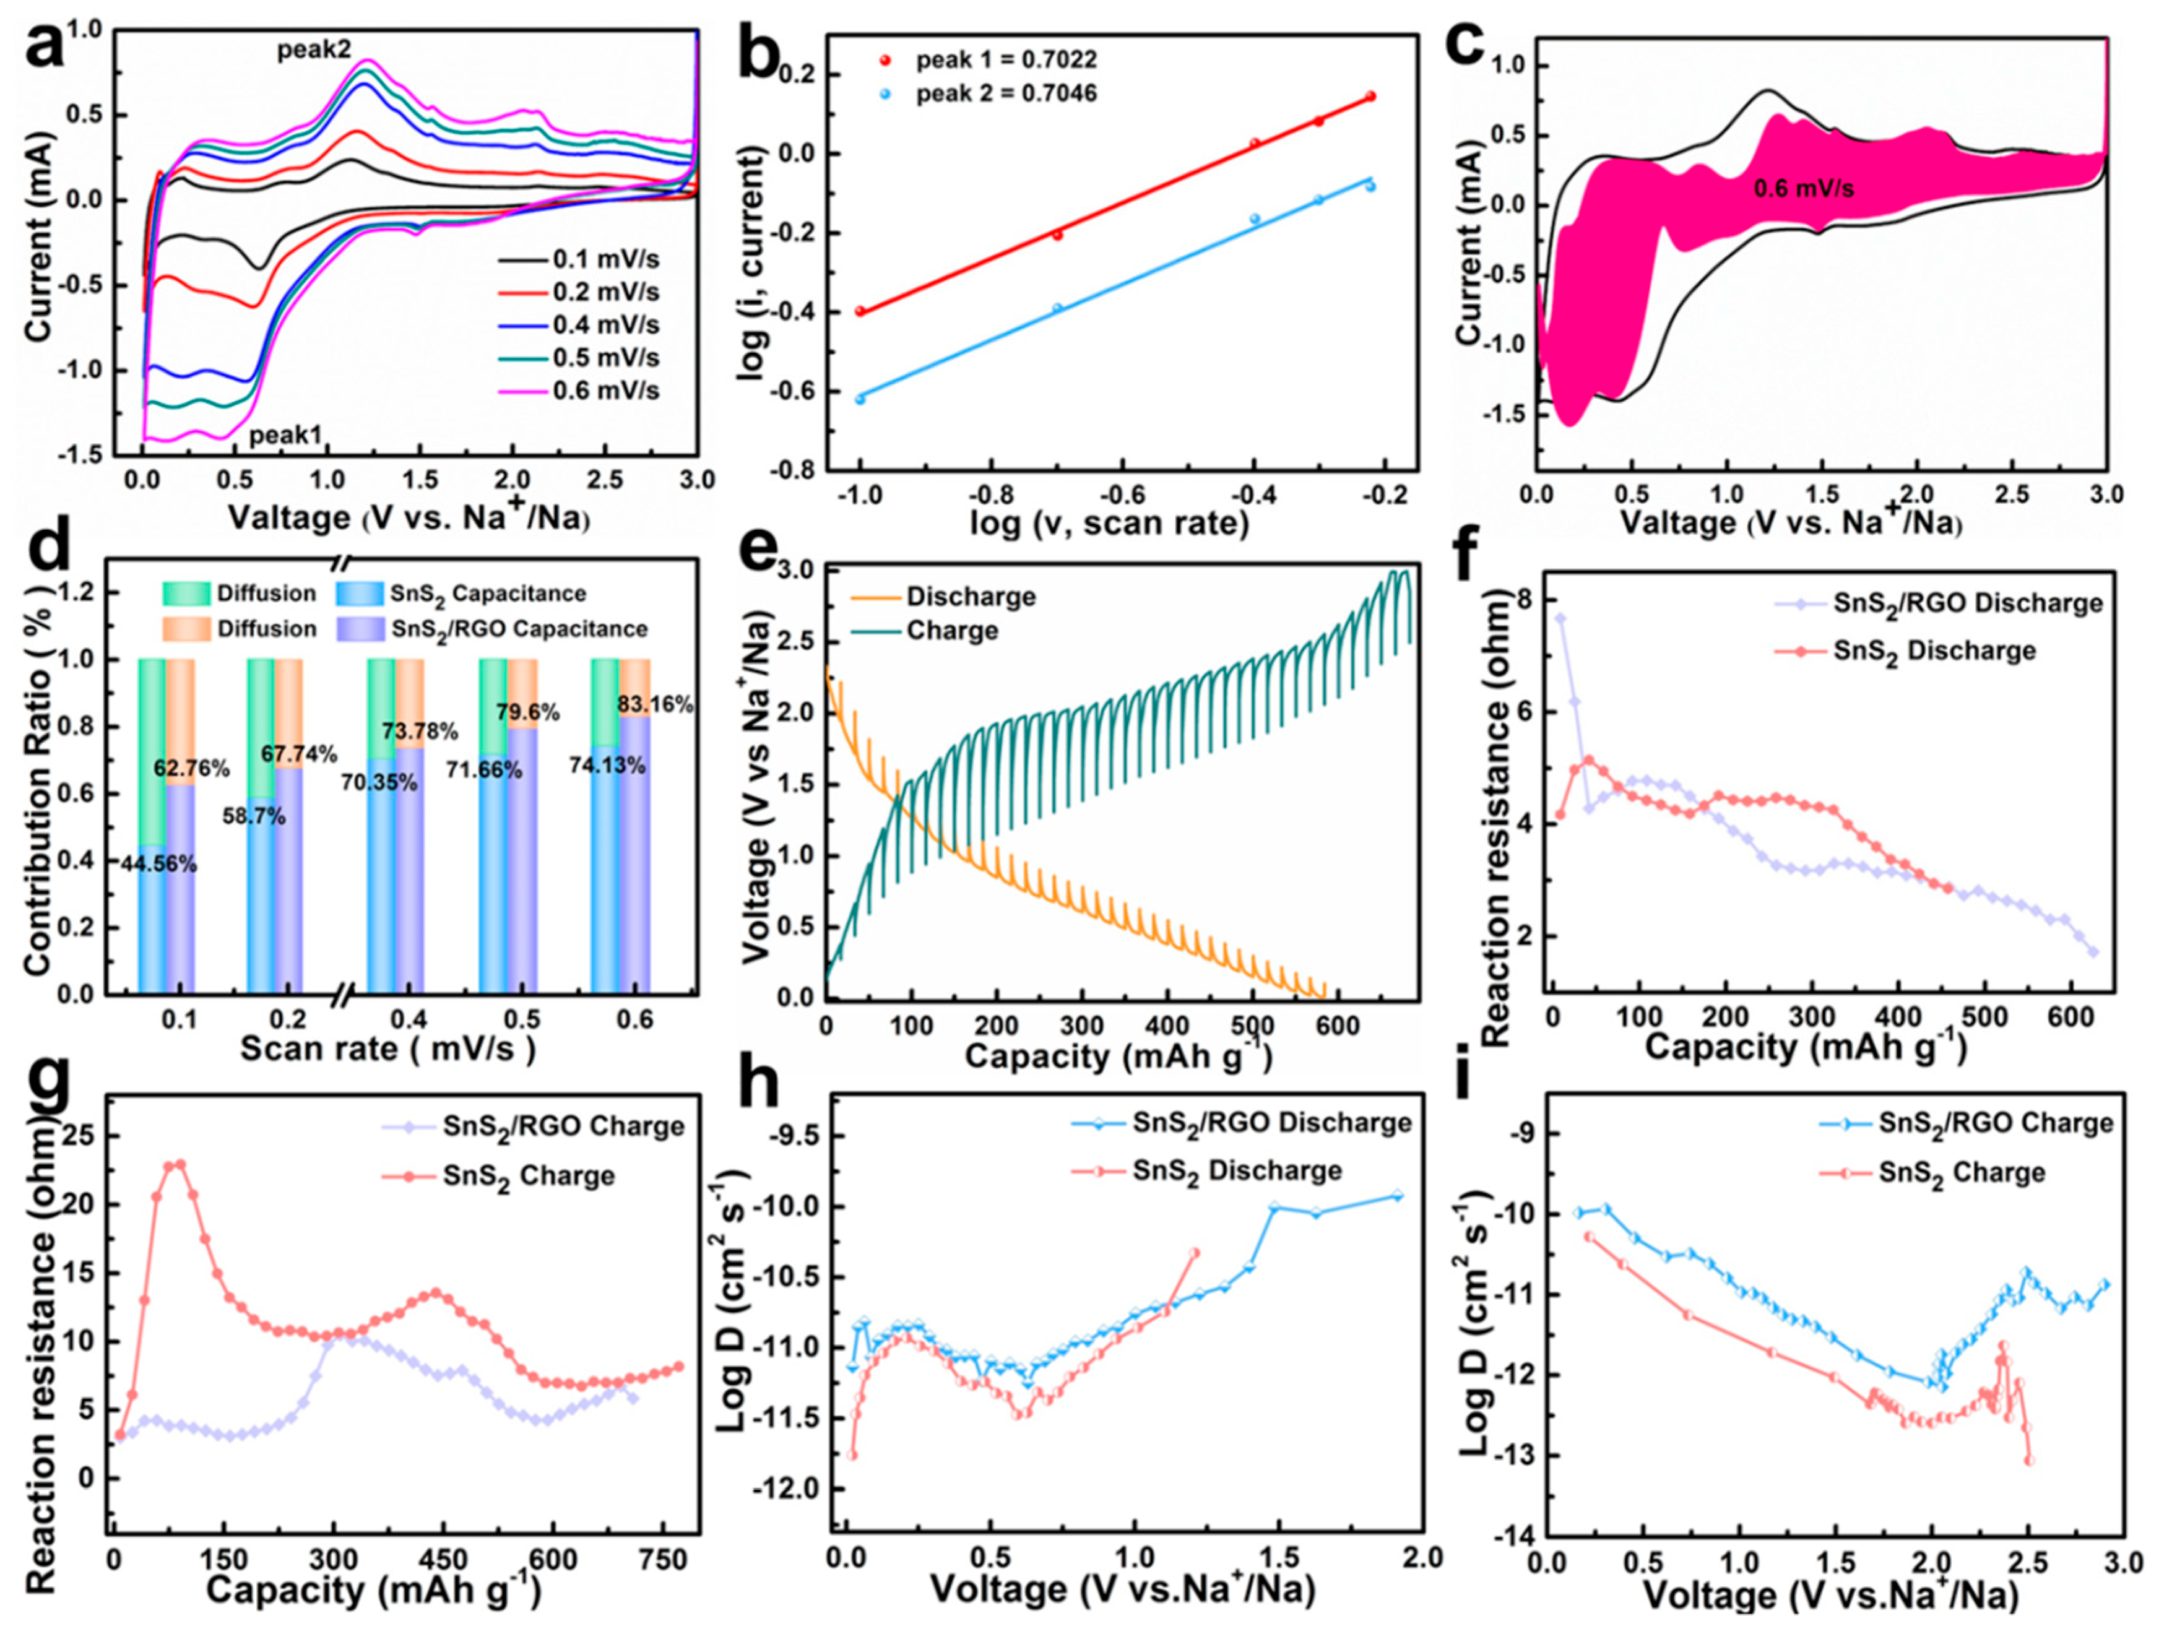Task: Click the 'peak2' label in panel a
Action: (x=313, y=50)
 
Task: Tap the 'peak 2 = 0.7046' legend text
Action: (x=1005, y=93)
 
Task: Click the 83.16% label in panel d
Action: (x=656, y=704)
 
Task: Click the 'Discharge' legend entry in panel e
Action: (x=970, y=597)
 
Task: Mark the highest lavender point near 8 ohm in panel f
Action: (x=1560, y=618)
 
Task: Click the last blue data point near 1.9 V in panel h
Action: (x=1396, y=1195)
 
